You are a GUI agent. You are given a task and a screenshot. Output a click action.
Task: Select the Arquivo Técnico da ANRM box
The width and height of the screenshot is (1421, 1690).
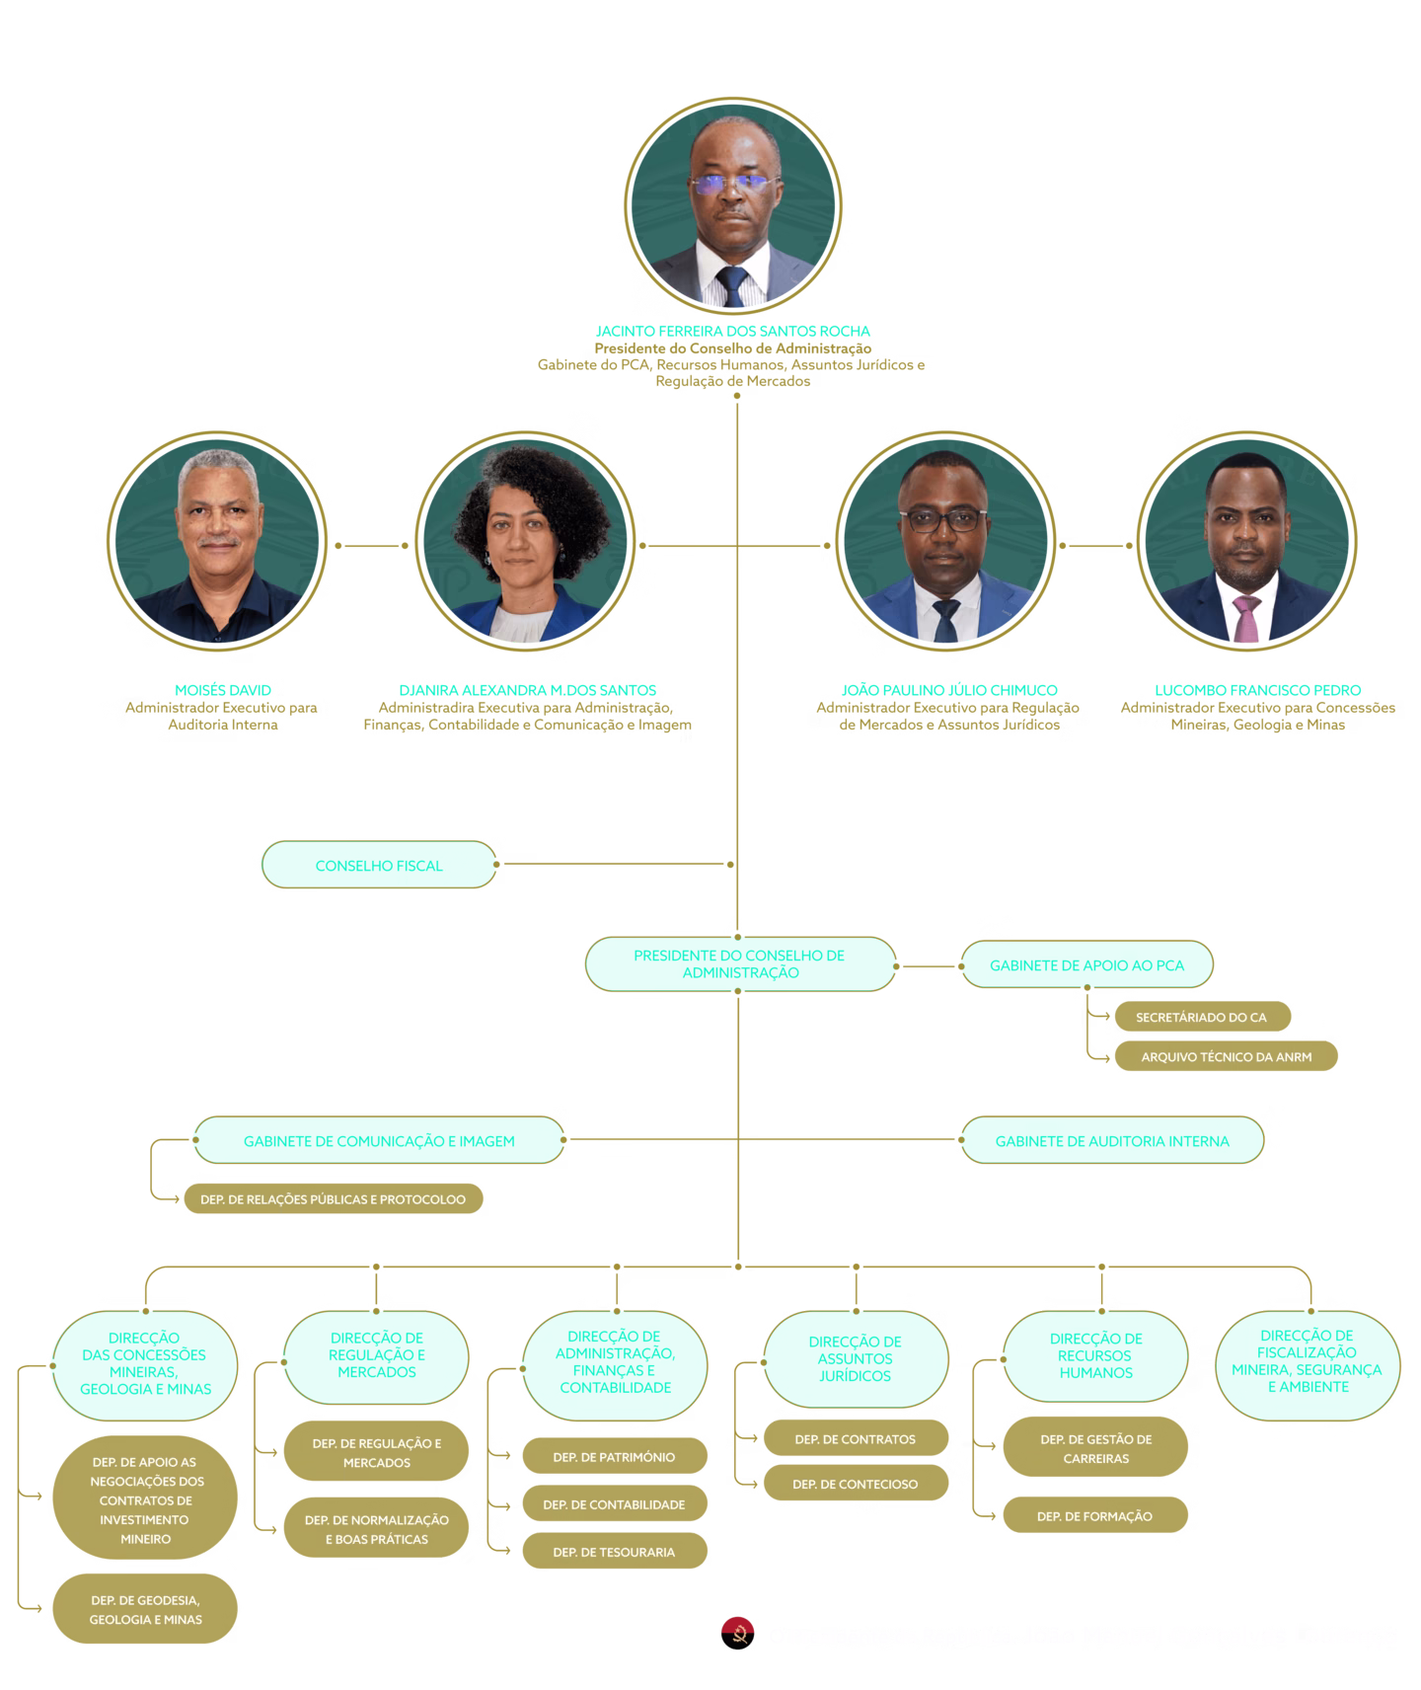coord(1226,1056)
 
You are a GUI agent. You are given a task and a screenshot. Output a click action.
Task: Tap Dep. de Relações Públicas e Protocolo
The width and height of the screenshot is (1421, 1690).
coord(334,1199)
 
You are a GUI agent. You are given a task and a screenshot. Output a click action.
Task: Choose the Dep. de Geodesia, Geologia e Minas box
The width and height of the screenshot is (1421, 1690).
coord(145,1609)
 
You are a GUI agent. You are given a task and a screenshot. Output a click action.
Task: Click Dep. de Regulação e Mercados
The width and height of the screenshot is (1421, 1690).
coord(376,1453)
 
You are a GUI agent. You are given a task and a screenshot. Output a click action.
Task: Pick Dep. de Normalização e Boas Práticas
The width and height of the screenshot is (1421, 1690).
coord(376,1529)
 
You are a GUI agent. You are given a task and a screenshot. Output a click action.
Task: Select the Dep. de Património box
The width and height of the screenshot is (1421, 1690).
coord(614,1457)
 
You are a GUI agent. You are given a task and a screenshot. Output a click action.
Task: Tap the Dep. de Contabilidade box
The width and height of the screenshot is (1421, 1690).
coord(614,1504)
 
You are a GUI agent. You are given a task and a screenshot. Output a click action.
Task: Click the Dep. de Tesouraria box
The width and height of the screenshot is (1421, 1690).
coord(614,1552)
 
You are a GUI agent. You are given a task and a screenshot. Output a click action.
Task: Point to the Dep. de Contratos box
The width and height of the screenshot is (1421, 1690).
coord(855,1439)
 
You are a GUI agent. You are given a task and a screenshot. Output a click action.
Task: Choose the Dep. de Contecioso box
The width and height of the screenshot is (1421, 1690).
coord(855,1484)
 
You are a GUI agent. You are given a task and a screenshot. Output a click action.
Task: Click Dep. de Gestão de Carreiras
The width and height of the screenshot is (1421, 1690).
coord(1095,1448)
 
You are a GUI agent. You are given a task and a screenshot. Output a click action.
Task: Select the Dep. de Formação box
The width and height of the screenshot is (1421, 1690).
coord(1094,1516)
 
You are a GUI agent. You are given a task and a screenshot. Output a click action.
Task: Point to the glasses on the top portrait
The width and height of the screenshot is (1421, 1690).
coord(732,184)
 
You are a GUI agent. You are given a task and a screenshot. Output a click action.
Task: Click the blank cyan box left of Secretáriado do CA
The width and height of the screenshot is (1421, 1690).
coord(740,964)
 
